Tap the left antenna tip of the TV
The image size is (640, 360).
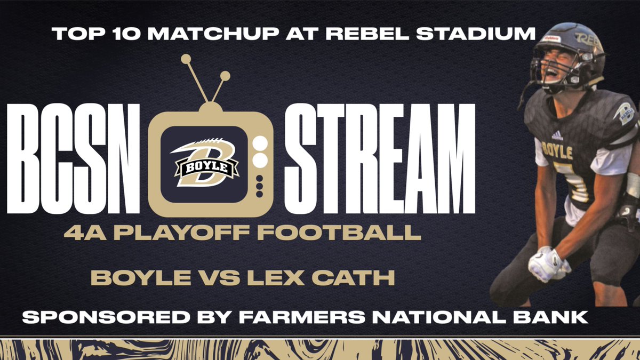[186, 59]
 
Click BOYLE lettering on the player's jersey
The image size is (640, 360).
[557, 151]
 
